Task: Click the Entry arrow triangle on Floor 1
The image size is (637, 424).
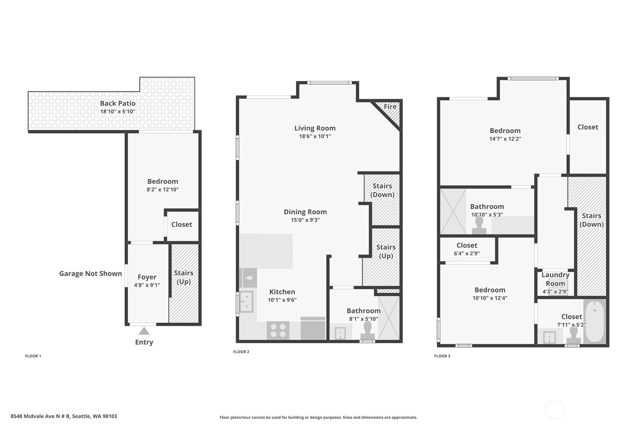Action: [144, 331]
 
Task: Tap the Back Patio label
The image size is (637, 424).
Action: [118, 103]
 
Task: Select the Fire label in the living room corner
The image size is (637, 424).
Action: [390, 106]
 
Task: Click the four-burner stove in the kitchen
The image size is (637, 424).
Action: [278, 330]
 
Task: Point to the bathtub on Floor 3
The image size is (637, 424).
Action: [595, 322]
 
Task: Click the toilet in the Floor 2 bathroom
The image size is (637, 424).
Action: [367, 331]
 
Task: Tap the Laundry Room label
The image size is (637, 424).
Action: [556, 279]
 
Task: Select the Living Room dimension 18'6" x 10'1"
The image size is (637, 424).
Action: [315, 136]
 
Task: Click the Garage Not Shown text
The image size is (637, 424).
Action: [90, 274]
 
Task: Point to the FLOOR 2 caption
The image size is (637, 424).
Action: [241, 352]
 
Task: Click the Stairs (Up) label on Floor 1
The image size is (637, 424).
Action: [184, 277]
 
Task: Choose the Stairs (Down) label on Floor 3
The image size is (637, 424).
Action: [592, 220]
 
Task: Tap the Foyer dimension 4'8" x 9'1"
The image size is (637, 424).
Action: [147, 285]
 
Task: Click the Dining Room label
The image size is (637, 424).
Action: [305, 212]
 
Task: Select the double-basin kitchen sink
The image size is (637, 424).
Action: [246, 302]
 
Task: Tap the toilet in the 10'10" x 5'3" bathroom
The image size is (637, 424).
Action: [479, 225]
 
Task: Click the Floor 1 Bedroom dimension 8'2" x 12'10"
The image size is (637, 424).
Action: [163, 189]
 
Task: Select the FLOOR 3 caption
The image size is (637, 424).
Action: [442, 356]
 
